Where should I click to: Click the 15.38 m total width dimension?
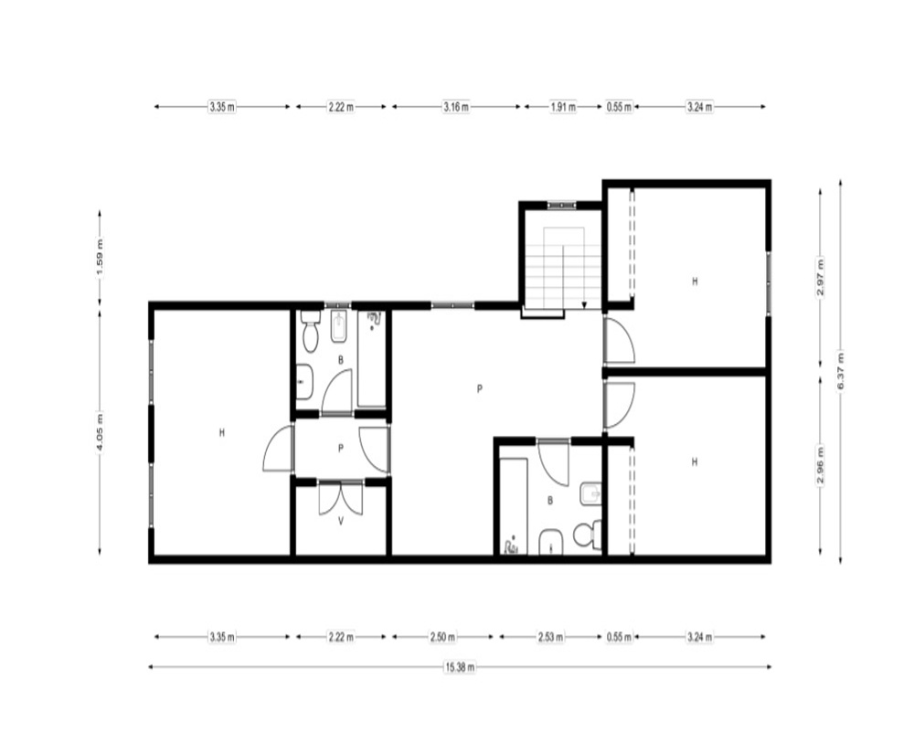pyautogui.click(x=460, y=667)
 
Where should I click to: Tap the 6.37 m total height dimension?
pyautogui.click(x=840, y=372)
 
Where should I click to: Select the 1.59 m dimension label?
pyautogui.click(x=100, y=259)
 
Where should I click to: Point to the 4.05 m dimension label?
pyautogui.click(x=100, y=432)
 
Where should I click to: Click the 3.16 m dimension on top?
pyautogui.click(x=456, y=107)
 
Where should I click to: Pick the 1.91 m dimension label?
pyautogui.click(x=563, y=107)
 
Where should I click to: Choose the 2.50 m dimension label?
pyautogui.click(x=442, y=637)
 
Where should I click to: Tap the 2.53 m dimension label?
pyautogui.click(x=550, y=637)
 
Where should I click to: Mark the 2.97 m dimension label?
pyautogui.click(x=820, y=277)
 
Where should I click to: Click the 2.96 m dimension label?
pyautogui.click(x=820, y=464)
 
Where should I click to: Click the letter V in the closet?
pyautogui.click(x=341, y=522)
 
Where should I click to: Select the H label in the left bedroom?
pyautogui.click(x=221, y=432)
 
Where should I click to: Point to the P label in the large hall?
pyautogui.click(x=479, y=388)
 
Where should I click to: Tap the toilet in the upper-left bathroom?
pyautogui.click(x=310, y=332)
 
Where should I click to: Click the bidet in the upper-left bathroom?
pyautogui.click(x=339, y=327)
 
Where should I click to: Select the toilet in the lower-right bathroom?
pyautogui.click(x=587, y=534)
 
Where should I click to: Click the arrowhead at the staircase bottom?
pyautogui.click(x=584, y=304)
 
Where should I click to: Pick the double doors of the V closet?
pyautogui.click(x=341, y=498)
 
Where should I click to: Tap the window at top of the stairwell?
pyautogui.click(x=561, y=205)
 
